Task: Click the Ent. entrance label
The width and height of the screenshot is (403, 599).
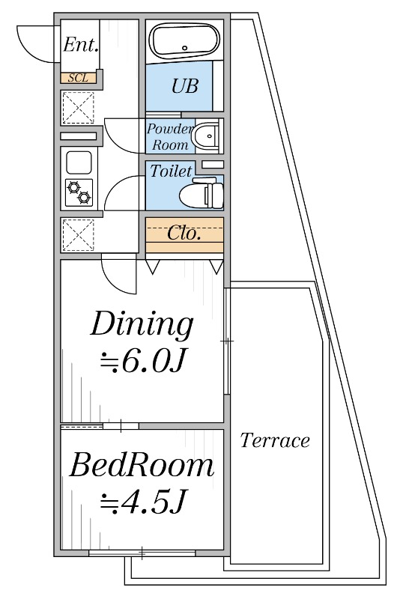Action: pos(81,45)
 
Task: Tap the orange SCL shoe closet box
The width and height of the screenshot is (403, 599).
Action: pos(79,78)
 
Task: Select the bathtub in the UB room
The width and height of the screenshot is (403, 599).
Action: pos(184,40)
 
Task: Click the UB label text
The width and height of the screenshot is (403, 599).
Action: pos(185,86)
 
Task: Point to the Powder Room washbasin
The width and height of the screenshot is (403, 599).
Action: pos(207,136)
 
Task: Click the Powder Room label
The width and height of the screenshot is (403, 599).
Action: pos(170,136)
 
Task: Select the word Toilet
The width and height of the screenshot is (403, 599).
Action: pos(171,171)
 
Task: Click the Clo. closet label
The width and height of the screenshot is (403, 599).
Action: pos(184,233)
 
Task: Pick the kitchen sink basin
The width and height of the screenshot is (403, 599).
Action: pos(79,162)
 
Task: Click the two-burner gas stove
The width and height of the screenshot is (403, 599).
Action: pos(79,192)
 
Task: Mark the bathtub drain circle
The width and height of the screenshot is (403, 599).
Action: pos(185,48)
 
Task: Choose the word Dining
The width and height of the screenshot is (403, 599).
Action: pos(142,324)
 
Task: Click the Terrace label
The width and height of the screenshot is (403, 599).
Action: pos(275,440)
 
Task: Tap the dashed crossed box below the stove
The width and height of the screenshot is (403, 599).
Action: pos(78,234)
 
